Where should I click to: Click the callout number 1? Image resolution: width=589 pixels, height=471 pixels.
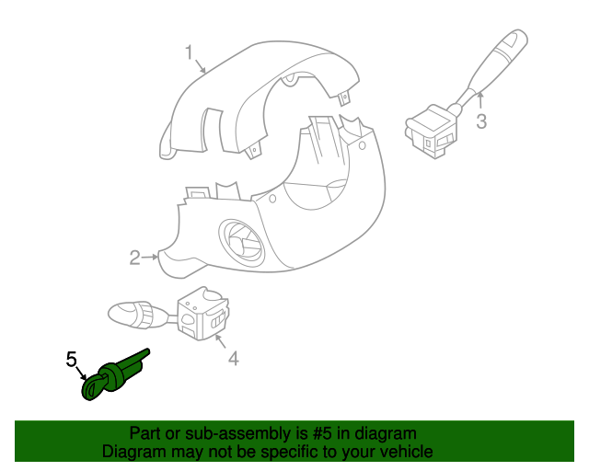(x=189, y=53)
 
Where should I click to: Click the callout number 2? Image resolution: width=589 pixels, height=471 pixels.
(x=134, y=258)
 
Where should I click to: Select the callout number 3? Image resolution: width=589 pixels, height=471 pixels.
(x=480, y=122)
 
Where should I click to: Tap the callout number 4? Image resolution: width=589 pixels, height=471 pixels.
(x=233, y=358)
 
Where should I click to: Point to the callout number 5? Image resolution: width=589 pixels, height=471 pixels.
(x=70, y=359)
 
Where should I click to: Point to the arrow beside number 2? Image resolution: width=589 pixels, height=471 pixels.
(x=152, y=258)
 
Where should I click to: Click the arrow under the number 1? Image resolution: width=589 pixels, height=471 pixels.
(x=202, y=66)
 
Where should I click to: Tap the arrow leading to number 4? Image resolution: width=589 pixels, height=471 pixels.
(x=221, y=344)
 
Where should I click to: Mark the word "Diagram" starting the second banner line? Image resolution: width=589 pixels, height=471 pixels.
(x=133, y=452)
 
